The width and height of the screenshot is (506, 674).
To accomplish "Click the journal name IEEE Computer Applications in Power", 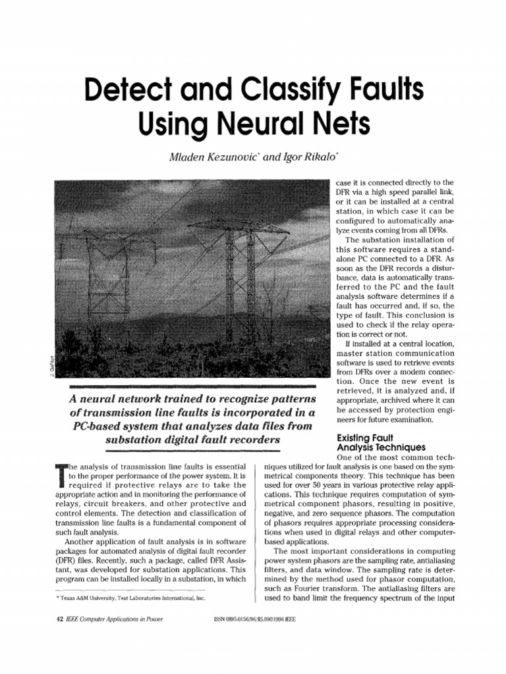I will pyautogui.click(x=113, y=619).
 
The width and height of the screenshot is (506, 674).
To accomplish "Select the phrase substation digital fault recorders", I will pyautogui.click(x=187, y=440).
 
